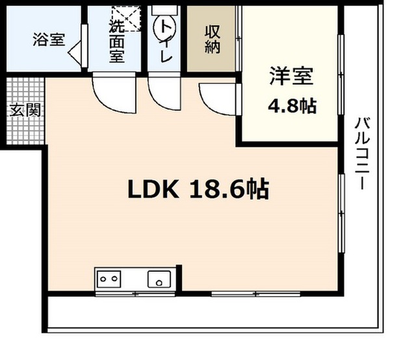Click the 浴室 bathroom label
pos(48,40)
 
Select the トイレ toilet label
pos(166,42)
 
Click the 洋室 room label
pos(291,76)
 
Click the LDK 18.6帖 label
pos(197,189)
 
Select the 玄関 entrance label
pos(25,110)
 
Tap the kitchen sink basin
pos(158,279)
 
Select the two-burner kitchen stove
pos(109,279)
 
